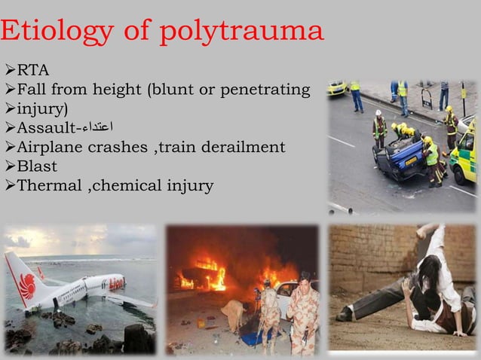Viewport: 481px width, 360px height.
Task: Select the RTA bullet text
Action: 33,71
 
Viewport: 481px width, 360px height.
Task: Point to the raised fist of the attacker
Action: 428,230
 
